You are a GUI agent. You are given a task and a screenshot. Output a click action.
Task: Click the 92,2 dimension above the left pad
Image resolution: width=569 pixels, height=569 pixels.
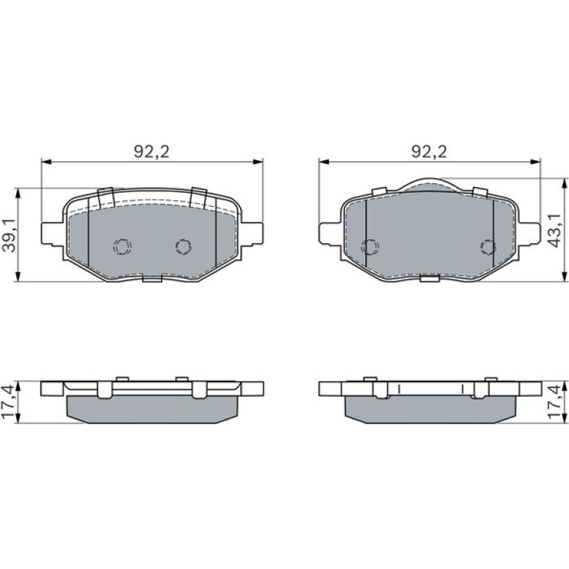coord(151,151)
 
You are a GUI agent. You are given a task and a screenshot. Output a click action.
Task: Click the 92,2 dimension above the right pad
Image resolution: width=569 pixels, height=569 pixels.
coord(429,151)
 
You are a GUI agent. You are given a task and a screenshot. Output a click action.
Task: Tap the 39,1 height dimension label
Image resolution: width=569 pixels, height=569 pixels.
coord(9,235)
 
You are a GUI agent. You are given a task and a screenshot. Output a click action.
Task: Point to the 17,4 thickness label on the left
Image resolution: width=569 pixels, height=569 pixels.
coord(9,402)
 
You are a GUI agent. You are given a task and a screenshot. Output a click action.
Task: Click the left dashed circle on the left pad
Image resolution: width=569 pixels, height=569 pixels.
coord(122,247)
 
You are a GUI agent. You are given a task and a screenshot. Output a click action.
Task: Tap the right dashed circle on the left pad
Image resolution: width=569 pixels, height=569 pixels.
coord(183,247)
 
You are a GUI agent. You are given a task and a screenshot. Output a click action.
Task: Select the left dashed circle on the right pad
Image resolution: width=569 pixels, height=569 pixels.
coord(370,247)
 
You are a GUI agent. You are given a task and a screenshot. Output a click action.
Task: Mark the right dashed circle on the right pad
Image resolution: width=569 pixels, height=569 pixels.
coord(488,247)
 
